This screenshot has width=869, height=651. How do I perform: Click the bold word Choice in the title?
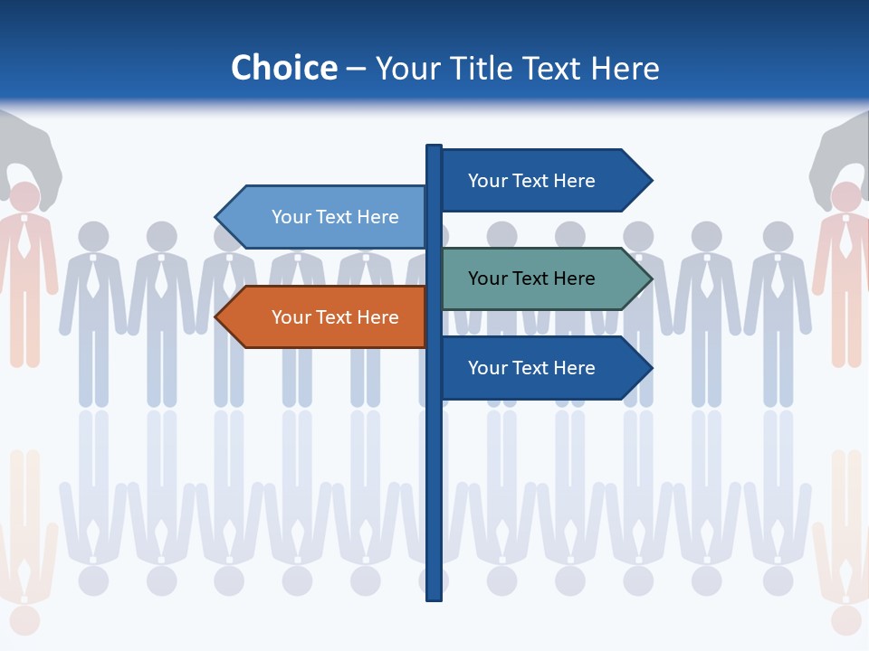pyautogui.click(x=283, y=68)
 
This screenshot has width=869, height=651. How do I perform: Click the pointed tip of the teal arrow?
pyautogui.click(x=650, y=278)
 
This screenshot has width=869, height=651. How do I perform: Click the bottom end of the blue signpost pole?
pyautogui.click(x=434, y=597)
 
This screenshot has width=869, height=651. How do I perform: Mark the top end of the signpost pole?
pyautogui.click(x=434, y=148)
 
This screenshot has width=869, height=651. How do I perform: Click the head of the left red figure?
pyautogui.click(x=24, y=197)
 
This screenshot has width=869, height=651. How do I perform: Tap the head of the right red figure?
pyautogui.click(x=846, y=197)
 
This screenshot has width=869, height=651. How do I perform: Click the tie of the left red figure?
pyautogui.click(x=24, y=240)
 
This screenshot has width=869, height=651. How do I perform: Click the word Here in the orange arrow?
pyautogui.click(x=375, y=317)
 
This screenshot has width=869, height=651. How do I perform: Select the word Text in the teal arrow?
pyautogui.click(x=532, y=278)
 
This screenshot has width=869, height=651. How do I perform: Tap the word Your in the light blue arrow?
pyautogui.click(x=291, y=217)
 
